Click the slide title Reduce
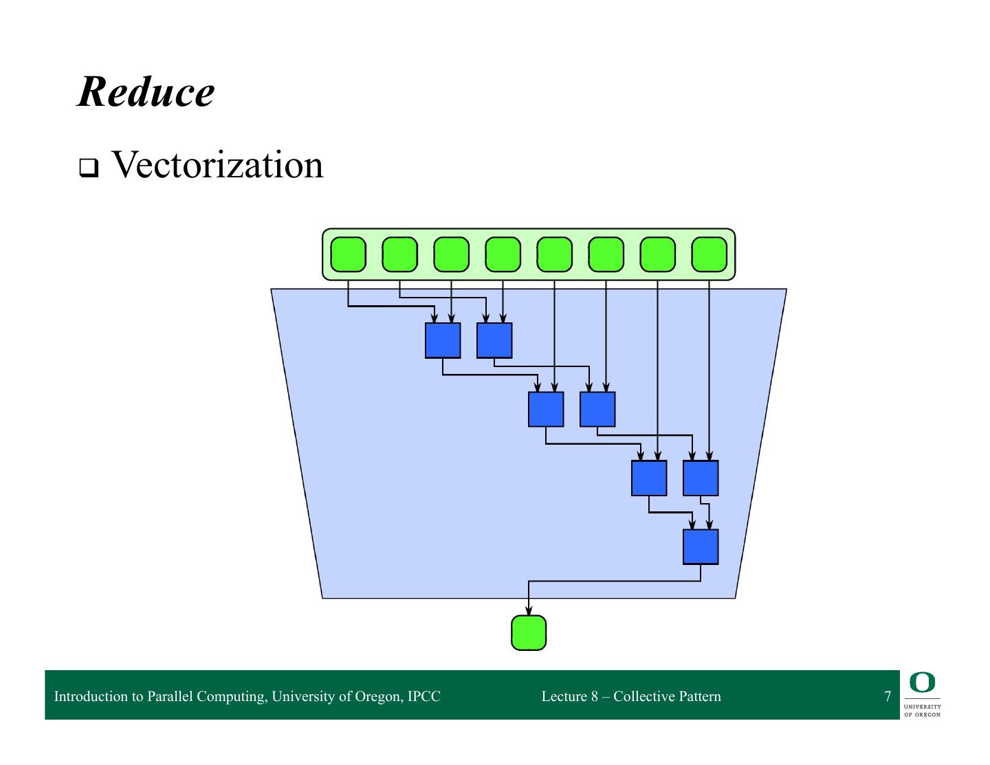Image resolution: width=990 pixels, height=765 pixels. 146,92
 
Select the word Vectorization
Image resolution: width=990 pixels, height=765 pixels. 217,164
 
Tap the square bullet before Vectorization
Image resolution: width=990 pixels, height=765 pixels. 89,168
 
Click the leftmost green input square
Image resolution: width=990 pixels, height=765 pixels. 348,254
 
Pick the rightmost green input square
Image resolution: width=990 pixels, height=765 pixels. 709,254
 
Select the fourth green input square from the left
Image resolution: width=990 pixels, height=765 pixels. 503,254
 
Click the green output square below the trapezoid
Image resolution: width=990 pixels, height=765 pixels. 529,633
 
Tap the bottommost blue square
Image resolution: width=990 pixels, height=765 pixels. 701,547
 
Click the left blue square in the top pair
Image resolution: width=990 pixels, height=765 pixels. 442,341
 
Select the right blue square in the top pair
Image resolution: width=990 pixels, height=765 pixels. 494,341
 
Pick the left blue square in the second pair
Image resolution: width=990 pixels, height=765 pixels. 546,410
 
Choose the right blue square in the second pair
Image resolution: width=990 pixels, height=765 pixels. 597,410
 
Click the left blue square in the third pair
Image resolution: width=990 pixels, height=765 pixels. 649,478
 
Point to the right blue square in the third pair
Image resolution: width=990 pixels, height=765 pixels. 701,478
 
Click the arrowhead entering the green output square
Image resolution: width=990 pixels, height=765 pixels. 529,610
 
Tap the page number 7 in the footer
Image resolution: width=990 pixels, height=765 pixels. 888,696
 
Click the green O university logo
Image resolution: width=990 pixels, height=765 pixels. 922,682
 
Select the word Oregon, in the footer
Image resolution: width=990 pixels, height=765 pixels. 379,697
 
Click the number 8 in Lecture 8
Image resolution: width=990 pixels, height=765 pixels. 595,696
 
